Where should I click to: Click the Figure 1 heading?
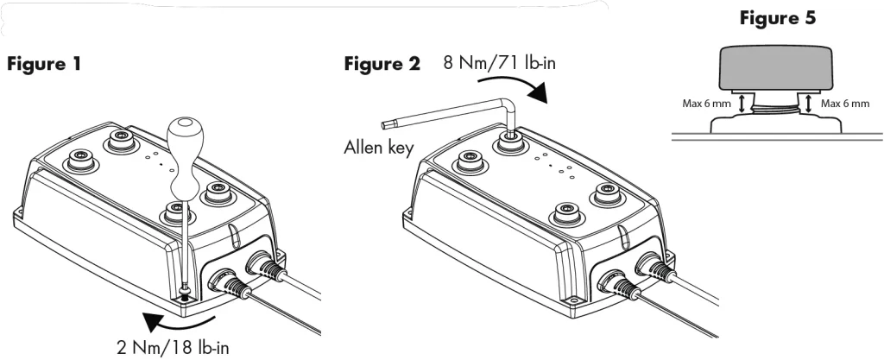(x=44, y=64)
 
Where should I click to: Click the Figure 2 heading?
(x=382, y=64)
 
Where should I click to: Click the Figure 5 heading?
(x=778, y=18)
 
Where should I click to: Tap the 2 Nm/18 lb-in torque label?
(x=173, y=348)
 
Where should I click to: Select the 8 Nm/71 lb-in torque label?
(x=500, y=62)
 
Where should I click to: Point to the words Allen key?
(x=379, y=148)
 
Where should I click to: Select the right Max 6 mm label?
(x=845, y=104)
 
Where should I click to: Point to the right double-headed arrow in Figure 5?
(x=809, y=104)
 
